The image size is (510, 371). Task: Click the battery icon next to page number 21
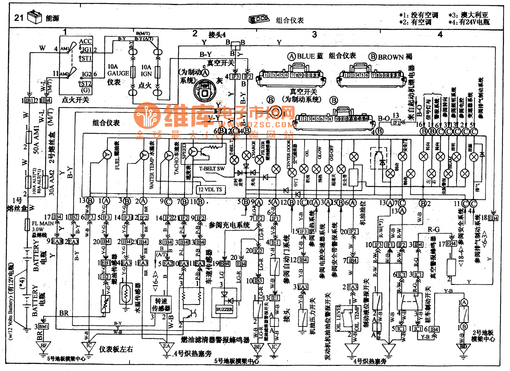point(34,17)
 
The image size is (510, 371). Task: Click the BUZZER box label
point(224,309)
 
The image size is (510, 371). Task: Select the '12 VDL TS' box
point(210,189)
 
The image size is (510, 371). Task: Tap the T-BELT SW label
point(212,168)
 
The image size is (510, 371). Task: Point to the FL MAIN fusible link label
point(42,223)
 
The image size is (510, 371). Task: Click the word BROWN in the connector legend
point(391,57)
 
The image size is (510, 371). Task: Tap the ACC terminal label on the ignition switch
point(85,41)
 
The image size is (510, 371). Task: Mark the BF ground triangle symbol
point(44,346)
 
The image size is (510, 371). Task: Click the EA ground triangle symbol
point(167,347)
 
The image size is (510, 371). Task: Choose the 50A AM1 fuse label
point(36,139)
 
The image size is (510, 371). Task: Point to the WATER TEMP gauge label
point(152,170)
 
